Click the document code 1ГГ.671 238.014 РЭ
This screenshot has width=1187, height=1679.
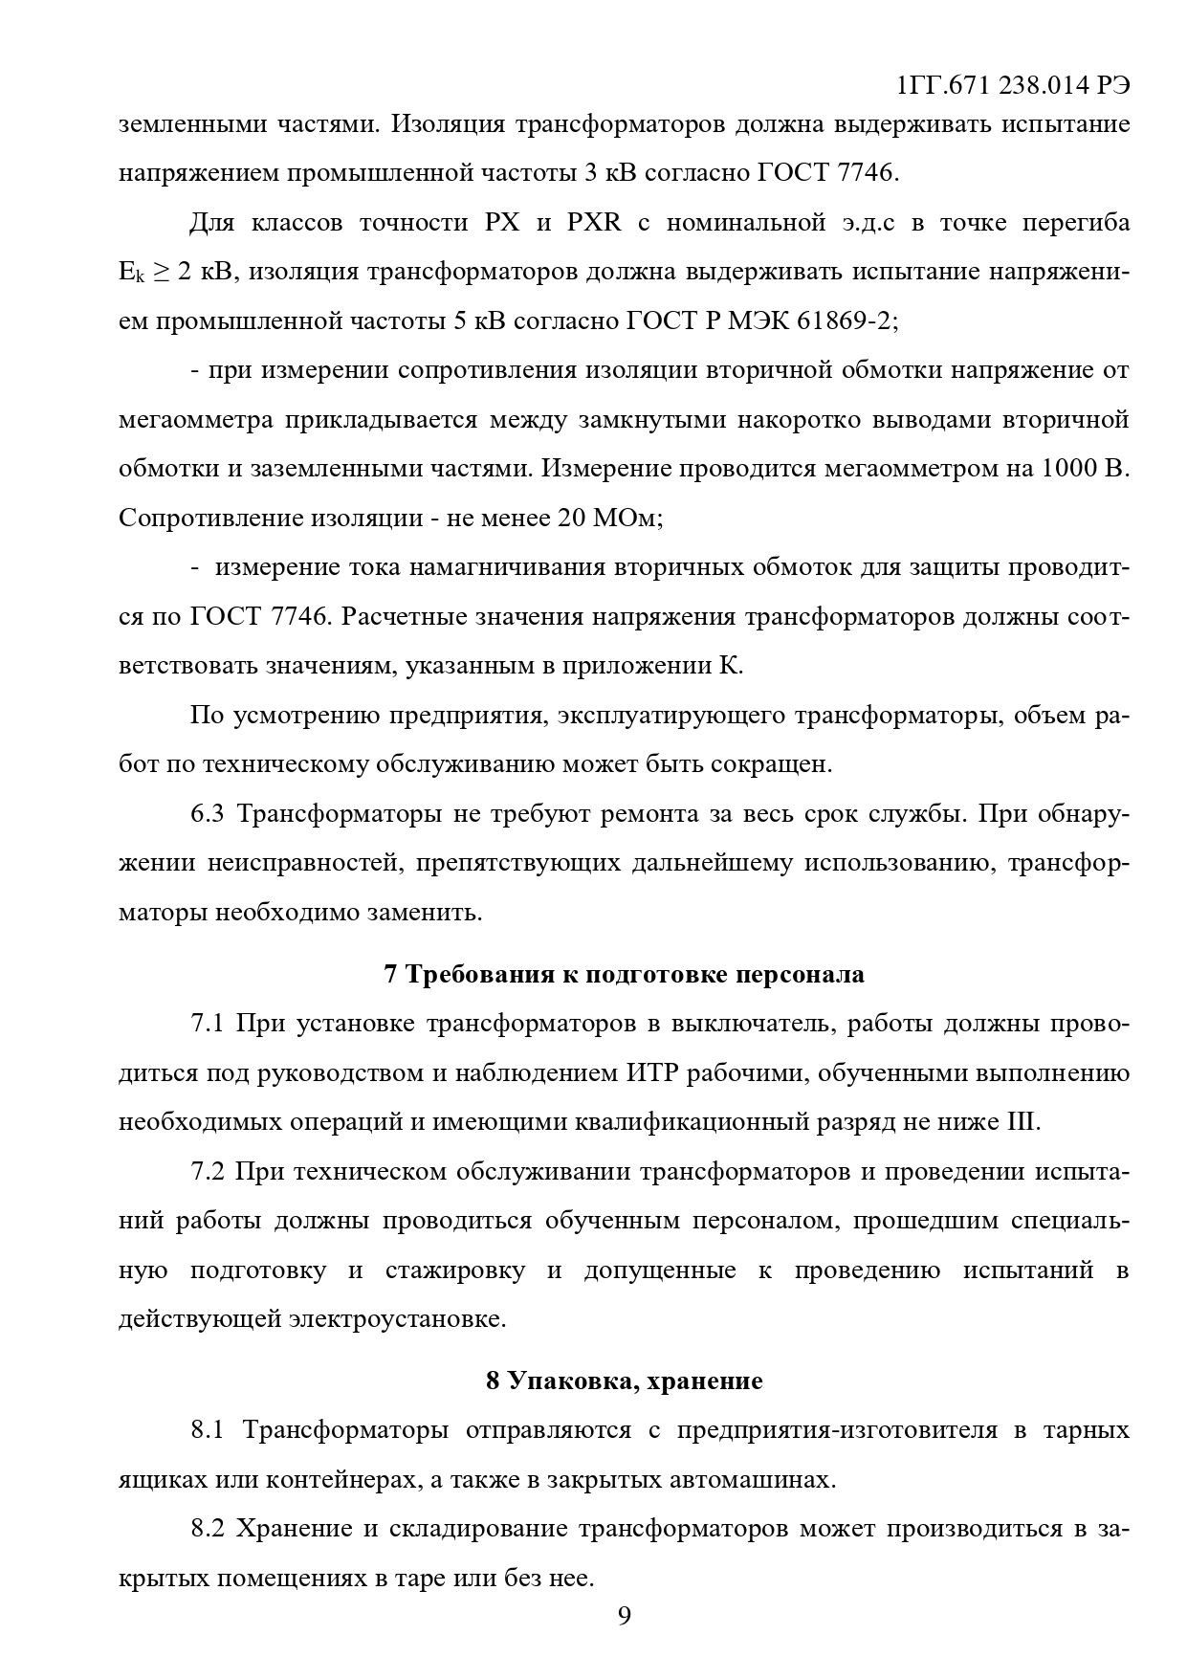(1014, 86)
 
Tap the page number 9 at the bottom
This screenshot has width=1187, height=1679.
(624, 1616)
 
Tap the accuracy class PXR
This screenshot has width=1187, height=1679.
(594, 223)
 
